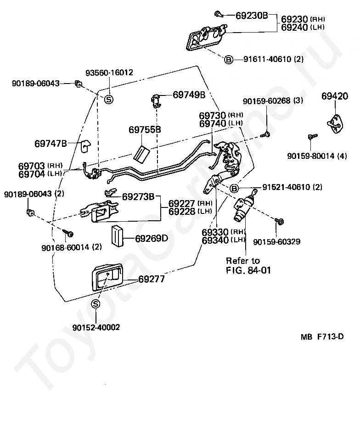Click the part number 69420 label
(335, 96)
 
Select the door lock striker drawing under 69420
(335, 123)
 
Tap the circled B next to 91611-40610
(229, 59)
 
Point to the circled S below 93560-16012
(109, 100)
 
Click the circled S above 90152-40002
(96, 304)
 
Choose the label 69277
(152, 279)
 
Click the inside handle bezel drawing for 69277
(107, 278)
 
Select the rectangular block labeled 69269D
(117, 235)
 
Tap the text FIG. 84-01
(248, 270)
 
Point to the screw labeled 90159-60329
(279, 221)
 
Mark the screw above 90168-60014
(68, 233)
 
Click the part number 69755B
(145, 129)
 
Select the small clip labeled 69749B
(156, 101)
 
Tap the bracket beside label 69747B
(86, 145)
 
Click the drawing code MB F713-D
(322, 336)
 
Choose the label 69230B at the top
(252, 16)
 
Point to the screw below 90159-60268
(265, 134)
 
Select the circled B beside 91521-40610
(234, 188)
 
